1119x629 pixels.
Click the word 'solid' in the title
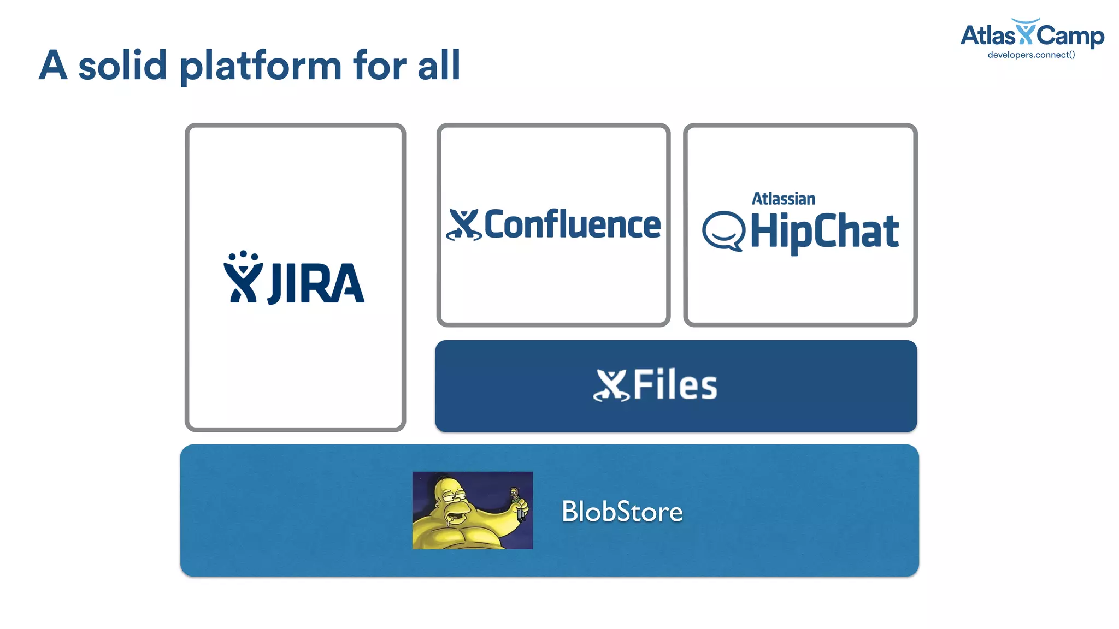(122, 66)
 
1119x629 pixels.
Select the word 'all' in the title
(439, 66)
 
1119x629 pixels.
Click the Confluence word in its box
(572, 224)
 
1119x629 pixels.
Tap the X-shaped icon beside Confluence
(464, 224)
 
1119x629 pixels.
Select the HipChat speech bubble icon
(723, 231)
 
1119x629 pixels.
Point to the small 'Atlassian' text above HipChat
(783, 199)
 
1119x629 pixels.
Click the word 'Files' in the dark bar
(675, 385)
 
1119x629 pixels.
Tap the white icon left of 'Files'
(611, 385)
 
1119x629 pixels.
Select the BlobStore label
(622, 512)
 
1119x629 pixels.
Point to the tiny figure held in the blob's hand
(517, 502)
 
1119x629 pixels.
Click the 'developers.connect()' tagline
(1031, 55)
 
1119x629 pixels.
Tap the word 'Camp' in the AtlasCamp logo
(1070, 36)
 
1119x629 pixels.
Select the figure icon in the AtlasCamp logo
(1026, 32)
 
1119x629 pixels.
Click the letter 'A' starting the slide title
(54, 66)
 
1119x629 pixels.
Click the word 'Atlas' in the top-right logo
(987, 36)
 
